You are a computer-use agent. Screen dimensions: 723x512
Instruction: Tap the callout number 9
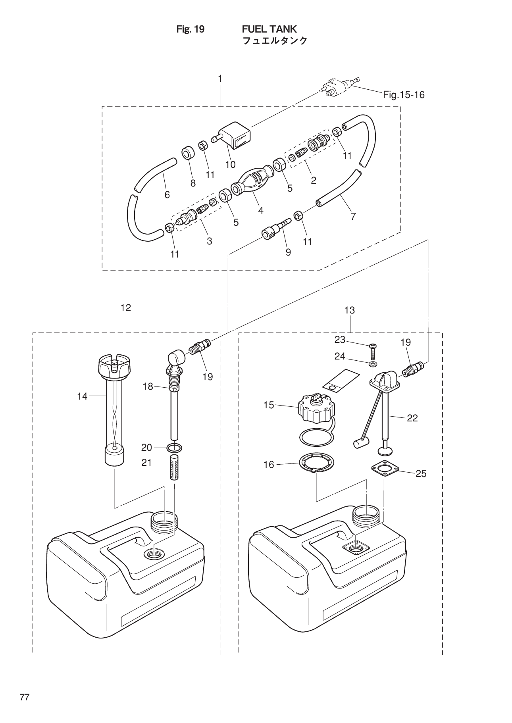pos(288,252)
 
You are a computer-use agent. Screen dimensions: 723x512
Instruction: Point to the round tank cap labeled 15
pos(315,409)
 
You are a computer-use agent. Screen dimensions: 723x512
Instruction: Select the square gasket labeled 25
pos(384,470)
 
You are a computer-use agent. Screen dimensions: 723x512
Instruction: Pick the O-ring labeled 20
pos(174,448)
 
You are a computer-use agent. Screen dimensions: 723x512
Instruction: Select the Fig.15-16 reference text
pos(404,95)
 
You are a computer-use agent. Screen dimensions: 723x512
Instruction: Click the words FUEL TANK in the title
pos(269,29)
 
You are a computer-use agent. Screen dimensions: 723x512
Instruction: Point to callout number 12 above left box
pos(126,308)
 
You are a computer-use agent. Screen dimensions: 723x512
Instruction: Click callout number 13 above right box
pos(349,310)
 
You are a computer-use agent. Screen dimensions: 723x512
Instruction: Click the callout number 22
pos(412,418)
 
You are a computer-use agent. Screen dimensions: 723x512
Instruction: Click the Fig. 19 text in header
pos(191,29)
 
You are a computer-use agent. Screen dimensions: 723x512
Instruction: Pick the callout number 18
pos(148,386)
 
